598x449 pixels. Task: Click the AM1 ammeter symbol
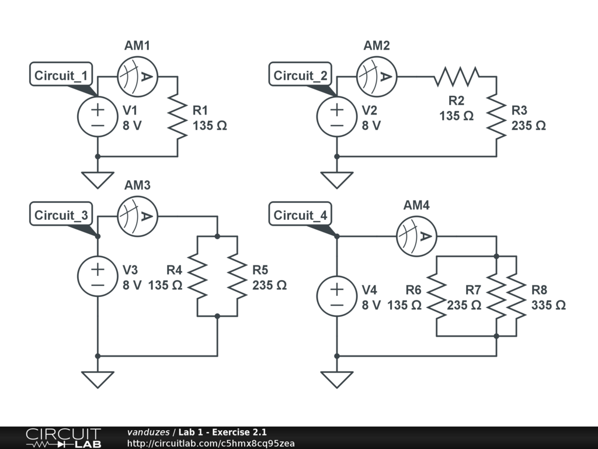click(138, 76)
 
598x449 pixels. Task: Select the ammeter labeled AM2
click(377, 76)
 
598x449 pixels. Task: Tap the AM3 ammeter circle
click(138, 216)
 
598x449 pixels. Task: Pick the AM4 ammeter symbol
click(417, 236)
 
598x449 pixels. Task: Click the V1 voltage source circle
click(98, 117)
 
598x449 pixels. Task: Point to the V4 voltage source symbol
click(337, 296)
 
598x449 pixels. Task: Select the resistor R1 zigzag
click(178, 117)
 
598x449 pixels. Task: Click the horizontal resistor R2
click(457, 76)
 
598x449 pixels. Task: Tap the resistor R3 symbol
click(496, 117)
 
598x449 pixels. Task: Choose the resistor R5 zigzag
click(237, 277)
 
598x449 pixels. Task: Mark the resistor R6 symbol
click(437, 296)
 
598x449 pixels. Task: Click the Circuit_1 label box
click(61, 75)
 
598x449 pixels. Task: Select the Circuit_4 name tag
click(300, 215)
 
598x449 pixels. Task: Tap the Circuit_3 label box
click(61, 215)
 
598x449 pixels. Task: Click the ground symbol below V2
click(337, 179)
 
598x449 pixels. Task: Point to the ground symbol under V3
click(98, 379)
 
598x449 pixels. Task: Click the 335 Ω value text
click(548, 305)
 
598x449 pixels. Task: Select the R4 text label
click(175, 270)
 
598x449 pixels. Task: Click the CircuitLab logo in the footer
click(63, 437)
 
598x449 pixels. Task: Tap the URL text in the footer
click(211, 443)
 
